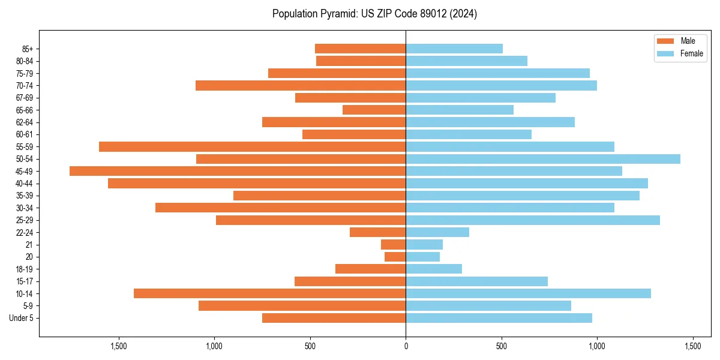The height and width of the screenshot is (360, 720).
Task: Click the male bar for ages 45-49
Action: pos(238,171)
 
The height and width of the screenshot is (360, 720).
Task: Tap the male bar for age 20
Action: pos(395,257)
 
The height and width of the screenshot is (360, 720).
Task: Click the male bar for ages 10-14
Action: pos(270,293)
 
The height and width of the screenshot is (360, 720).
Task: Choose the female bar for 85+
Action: pos(454,49)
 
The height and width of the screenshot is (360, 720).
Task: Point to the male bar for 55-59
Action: pos(253,146)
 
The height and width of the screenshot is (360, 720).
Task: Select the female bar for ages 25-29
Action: pos(533,220)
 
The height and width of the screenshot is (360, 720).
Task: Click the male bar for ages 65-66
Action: pos(374,110)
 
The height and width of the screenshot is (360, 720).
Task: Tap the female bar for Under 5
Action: pos(499,318)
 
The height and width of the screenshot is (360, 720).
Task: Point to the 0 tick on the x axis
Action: pos(406,346)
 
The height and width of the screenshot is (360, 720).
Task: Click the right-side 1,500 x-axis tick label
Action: pos(692,346)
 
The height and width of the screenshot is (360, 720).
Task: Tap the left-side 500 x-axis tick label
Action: pos(310,346)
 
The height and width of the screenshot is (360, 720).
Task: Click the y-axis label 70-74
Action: pos(25,85)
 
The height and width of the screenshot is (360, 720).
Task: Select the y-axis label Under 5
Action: pos(22,318)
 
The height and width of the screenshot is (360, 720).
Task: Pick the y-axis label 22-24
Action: pos(25,232)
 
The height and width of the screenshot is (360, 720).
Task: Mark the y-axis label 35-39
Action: pos(25,196)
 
